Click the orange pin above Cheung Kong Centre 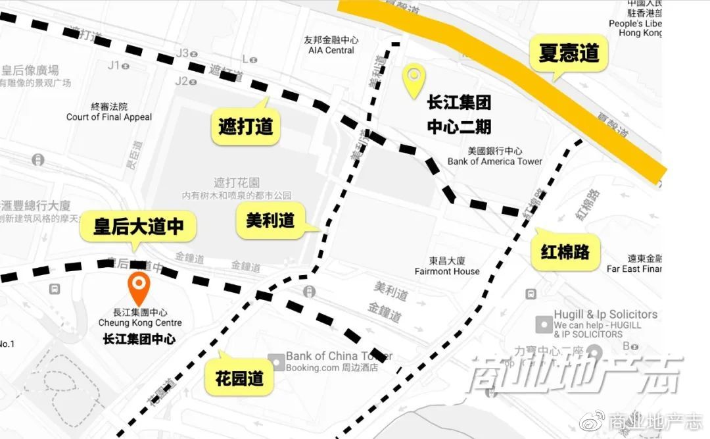(139, 286)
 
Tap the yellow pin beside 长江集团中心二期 (414, 80)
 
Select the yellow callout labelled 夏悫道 (569, 54)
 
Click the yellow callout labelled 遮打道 (246, 126)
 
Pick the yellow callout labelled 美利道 (270, 220)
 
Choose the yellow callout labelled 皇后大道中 (138, 227)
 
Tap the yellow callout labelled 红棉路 (565, 251)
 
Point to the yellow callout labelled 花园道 (239, 378)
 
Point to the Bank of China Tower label (339, 356)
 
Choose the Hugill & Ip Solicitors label (605, 315)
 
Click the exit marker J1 (114, 65)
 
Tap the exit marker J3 (182, 53)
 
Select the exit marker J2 (181, 81)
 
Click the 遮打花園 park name (237, 182)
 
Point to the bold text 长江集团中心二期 (459, 115)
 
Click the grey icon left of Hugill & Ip (544, 324)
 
